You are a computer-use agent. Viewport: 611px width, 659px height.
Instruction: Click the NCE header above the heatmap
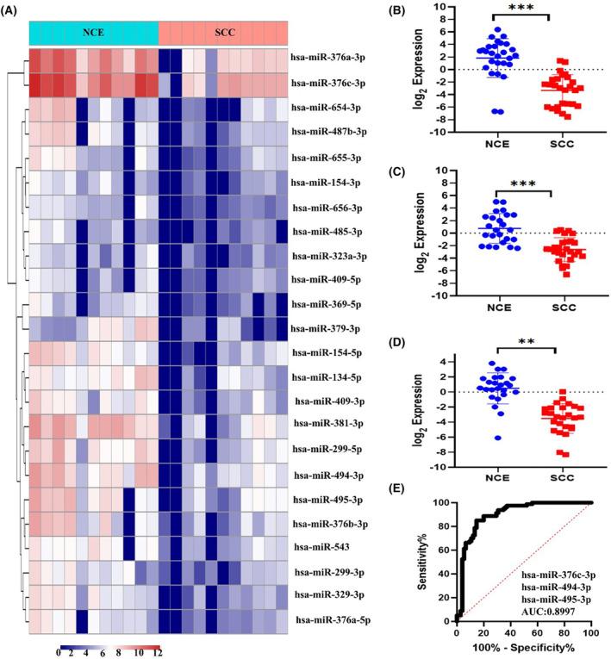point(94,33)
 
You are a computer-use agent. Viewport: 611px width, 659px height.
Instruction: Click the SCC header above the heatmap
point(222,33)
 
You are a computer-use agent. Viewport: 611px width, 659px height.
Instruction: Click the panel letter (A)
point(14,9)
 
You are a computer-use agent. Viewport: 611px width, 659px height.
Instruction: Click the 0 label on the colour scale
point(58,653)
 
